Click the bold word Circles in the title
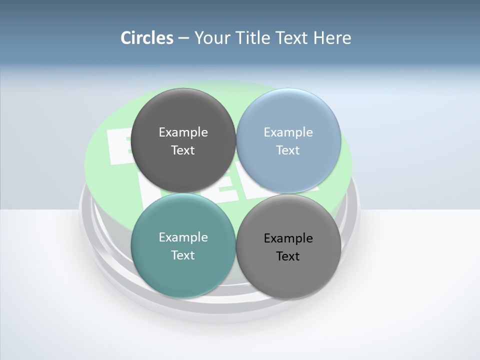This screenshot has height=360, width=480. tap(147, 37)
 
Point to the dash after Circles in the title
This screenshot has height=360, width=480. tap(183, 38)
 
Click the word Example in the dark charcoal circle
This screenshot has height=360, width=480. tap(183, 132)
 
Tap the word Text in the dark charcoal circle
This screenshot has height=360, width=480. tap(183, 150)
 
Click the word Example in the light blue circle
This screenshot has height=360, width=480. tap(288, 132)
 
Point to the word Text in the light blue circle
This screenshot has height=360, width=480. tap(288, 150)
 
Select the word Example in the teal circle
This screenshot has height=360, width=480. tap(183, 237)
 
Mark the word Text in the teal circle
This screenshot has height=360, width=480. tap(183, 255)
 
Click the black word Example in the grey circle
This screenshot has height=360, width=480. tap(288, 238)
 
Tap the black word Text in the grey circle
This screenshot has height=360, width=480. tap(288, 256)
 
